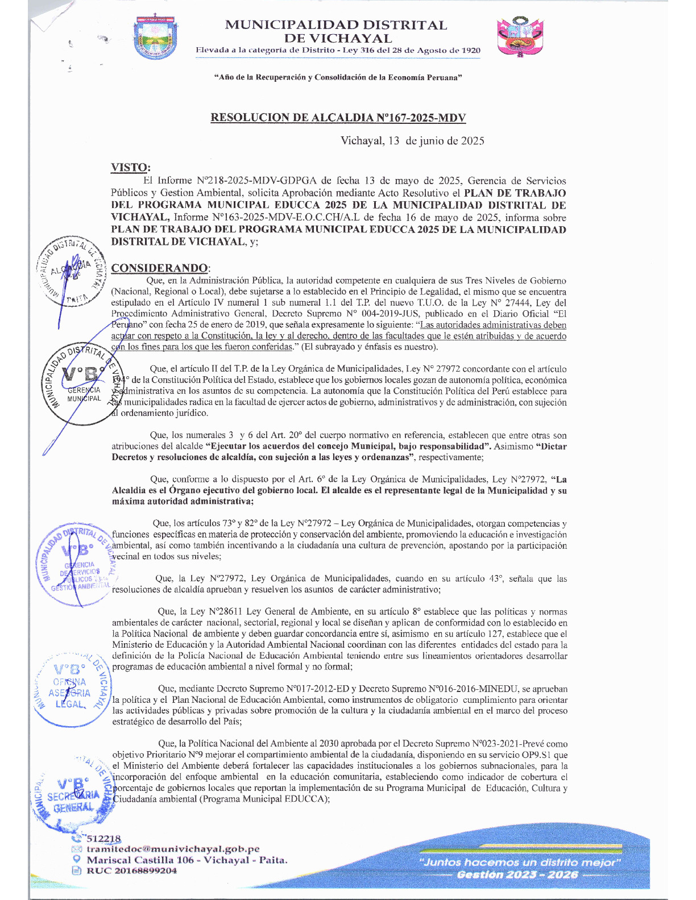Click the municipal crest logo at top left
tap(155, 37)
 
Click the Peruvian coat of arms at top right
tap(520, 37)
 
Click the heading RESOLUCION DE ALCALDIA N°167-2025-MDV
tap(338, 118)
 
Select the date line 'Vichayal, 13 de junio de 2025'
tap(412, 141)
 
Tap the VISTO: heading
tap(131, 167)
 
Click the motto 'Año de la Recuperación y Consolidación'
tap(337, 77)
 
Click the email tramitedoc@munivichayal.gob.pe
tap(173, 849)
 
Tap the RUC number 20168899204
tap(131, 870)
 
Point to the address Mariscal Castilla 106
tap(187, 860)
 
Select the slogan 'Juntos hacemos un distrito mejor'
tap(519, 862)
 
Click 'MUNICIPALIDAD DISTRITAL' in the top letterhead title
tap(336, 25)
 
